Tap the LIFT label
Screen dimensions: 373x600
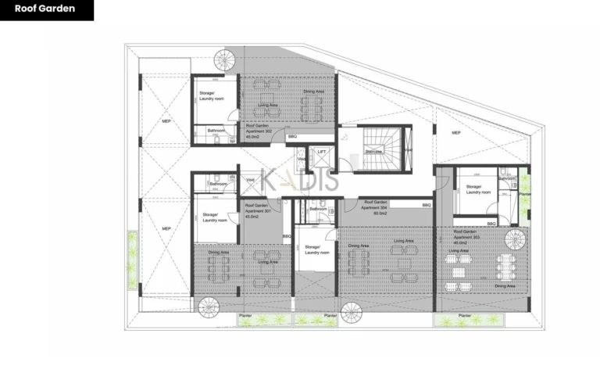coord(321,152)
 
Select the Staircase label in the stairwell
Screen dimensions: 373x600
coord(374,151)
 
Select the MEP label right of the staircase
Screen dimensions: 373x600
coord(456,133)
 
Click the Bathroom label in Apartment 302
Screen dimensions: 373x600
coord(216,130)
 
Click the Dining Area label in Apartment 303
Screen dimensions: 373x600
coord(505,286)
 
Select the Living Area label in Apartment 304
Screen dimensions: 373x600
coord(404,241)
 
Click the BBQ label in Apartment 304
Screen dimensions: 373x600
coord(427,205)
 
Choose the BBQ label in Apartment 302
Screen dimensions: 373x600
coord(292,137)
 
